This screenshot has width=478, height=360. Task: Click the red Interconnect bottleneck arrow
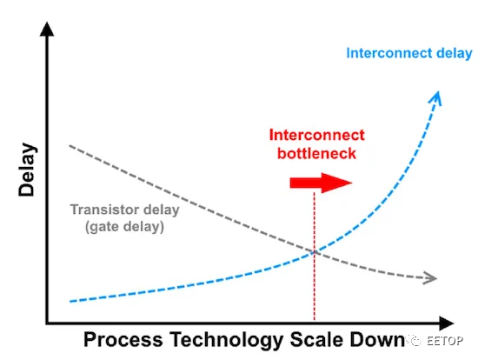coord(321,183)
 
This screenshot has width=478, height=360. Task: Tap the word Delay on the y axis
coord(27,170)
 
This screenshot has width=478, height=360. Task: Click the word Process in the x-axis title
coord(123,340)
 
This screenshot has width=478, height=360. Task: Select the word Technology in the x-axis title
coord(227,340)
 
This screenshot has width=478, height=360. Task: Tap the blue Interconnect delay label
coord(409,53)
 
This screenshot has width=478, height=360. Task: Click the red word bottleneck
coord(316,153)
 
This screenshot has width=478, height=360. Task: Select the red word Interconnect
coord(316,135)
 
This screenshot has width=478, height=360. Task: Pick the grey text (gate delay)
coord(124,227)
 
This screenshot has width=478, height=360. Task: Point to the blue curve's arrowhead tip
coord(438,91)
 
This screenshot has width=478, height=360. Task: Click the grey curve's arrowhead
coord(430,278)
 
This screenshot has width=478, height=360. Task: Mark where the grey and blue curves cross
coord(315,251)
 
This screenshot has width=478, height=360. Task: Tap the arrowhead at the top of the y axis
coord(47,29)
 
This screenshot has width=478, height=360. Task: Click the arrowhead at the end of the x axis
coord(447,323)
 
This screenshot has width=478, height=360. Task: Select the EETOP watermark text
coord(445,341)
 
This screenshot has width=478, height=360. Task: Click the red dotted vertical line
coord(315,257)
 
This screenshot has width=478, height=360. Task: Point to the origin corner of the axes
coord(47,323)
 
